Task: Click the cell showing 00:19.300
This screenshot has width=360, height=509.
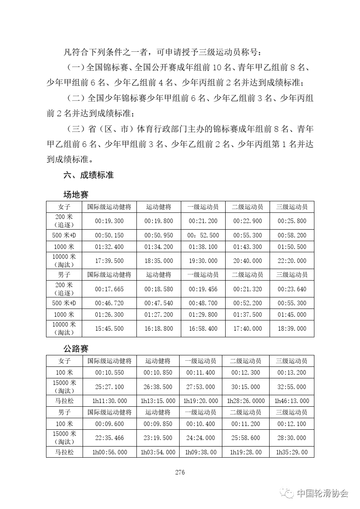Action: tap(109, 221)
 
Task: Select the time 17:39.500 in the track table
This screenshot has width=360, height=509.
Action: tap(109, 261)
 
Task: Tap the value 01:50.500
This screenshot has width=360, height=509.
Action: tap(292, 247)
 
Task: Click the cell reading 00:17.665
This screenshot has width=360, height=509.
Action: tap(109, 289)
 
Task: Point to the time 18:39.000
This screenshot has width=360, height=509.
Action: tap(292, 329)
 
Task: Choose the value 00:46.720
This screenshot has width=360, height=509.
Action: tap(109, 303)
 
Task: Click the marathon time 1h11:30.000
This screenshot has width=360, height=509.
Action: tap(109, 401)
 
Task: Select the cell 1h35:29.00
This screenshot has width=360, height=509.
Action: tap(292, 452)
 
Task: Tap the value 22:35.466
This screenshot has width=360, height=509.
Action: tap(109, 438)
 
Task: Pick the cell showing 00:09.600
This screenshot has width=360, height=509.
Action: tap(109, 424)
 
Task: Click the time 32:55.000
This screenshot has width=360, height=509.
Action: tap(292, 387)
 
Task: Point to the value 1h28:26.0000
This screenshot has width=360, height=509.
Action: tap(246, 401)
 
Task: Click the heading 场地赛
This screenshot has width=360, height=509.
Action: tap(76, 194)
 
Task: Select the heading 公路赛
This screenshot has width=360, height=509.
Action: tap(76, 349)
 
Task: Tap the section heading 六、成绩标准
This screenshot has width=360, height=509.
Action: tap(88, 175)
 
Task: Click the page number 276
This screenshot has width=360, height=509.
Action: tap(180, 472)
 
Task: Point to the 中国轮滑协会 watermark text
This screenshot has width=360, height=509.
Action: tap(323, 493)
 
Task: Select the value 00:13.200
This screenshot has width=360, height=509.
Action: tap(292, 373)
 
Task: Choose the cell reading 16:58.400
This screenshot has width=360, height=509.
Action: tap(203, 329)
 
